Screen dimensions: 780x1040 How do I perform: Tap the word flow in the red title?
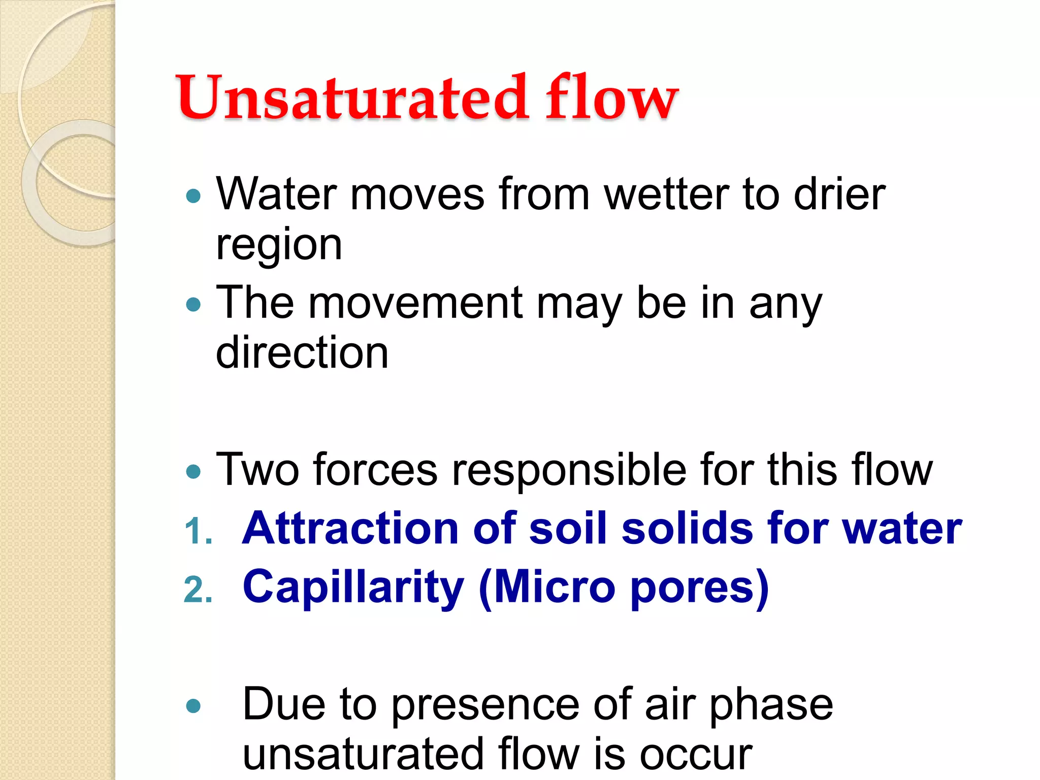(x=611, y=97)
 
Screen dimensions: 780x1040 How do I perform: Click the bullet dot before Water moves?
(x=193, y=196)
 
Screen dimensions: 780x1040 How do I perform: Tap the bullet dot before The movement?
(x=193, y=305)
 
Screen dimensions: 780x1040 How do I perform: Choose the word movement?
(x=415, y=304)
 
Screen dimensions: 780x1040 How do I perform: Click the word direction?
(x=302, y=353)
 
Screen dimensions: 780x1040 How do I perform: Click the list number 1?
(x=198, y=532)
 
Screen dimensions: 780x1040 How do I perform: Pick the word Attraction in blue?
(x=350, y=529)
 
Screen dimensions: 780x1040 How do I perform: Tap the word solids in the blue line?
(x=688, y=529)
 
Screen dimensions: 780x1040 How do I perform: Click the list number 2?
(x=198, y=590)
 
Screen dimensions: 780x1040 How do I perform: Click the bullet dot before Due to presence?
(x=193, y=706)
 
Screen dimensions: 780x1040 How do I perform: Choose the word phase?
(x=770, y=705)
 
